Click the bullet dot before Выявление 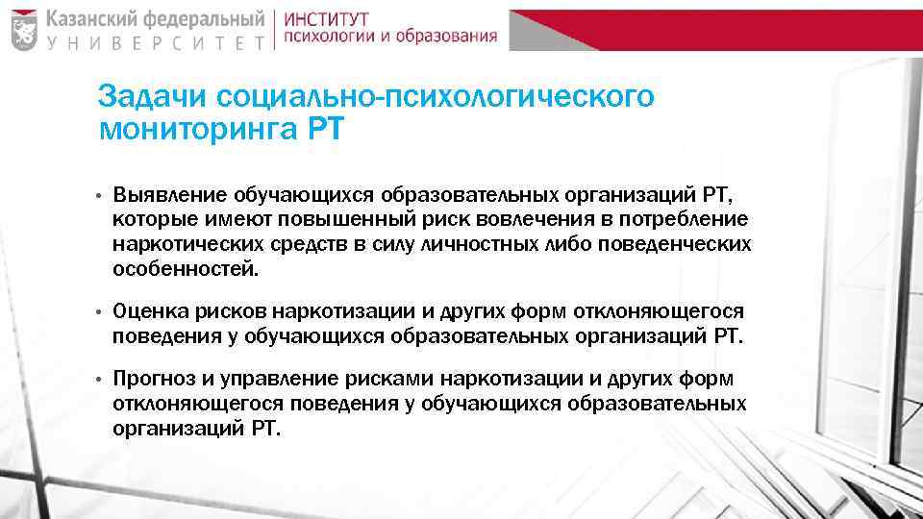pyautogui.click(x=100, y=198)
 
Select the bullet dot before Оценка pyautogui.click(x=100, y=312)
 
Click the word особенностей pyautogui.click(x=185, y=268)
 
